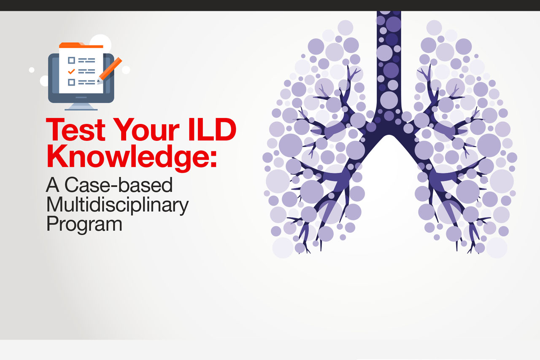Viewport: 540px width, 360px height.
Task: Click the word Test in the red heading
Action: pos(76,129)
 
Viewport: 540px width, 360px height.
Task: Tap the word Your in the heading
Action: pos(146,129)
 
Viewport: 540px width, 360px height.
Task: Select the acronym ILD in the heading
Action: pos(212,129)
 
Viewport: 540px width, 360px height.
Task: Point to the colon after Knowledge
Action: pos(213,159)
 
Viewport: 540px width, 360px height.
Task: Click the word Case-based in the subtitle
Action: pos(119,185)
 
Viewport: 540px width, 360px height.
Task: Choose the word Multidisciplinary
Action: pos(117,205)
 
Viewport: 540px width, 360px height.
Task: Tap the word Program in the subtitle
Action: pos(84,224)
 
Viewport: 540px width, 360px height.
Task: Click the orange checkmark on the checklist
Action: pos(71,71)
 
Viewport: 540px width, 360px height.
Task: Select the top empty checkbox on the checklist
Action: pos(71,60)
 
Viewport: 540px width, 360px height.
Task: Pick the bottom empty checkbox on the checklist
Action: pos(71,82)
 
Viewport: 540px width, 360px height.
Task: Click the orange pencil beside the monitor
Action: pos(110,70)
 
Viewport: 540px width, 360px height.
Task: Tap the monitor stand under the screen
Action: pos(81,107)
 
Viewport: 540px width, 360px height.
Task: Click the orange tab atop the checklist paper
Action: pos(81,45)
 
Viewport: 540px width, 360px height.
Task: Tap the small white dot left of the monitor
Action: pos(32,70)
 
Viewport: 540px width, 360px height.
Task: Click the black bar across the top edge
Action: pos(270,5)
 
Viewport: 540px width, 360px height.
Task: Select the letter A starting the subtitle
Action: pos(53,185)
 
